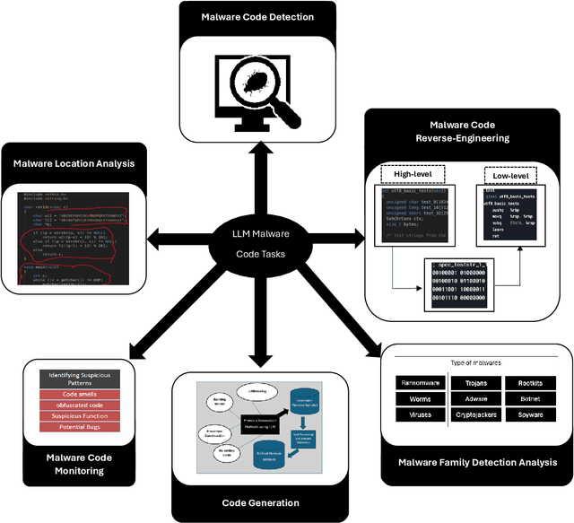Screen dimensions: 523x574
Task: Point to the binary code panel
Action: (459, 284)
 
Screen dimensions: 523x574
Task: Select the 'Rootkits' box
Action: (530, 382)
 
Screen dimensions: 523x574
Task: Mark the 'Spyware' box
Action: (530, 415)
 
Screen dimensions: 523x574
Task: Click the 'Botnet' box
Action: (530, 398)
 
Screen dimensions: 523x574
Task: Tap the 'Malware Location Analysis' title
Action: (74, 163)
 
